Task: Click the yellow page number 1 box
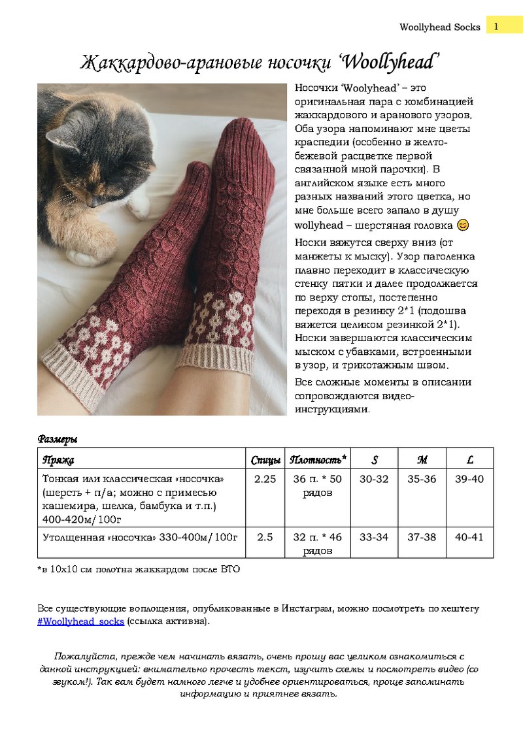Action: click(x=496, y=26)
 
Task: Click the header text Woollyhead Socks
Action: click(x=439, y=27)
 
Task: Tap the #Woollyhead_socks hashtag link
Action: click(x=80, y=621)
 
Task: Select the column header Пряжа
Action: click(x=58, y=459)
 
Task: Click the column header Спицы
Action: click(x=265, y=459)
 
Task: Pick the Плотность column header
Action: click(x=318, y=459)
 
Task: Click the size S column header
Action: click(x=375, y=459)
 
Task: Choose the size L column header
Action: click(x=469, y=459)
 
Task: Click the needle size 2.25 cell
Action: click(x=265, y=479)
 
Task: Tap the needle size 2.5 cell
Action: click(x=265, y=537)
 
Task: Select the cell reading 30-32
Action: click(x=375, y=479)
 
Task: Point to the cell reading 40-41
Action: click(x=469, y=537)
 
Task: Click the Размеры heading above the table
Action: click(x=58, y=439)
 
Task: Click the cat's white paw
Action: click(x=138, y=206)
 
